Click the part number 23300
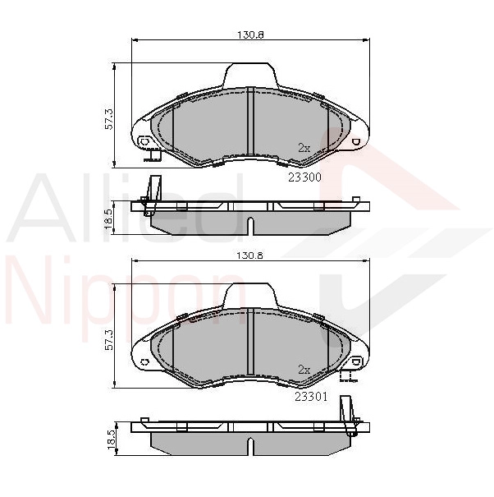tap(304, 177)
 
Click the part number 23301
tap(311, 397)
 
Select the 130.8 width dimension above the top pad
tap(250, 35)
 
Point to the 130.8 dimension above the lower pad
tap(250, 255)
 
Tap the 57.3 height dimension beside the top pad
tap(108, 119)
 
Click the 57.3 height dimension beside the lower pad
tap(108, 339)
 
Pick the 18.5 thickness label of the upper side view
tap(108, 219)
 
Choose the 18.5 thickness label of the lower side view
tap(111, 439)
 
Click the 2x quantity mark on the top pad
tap(304, 148)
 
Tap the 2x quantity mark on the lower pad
tap(304, 370)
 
